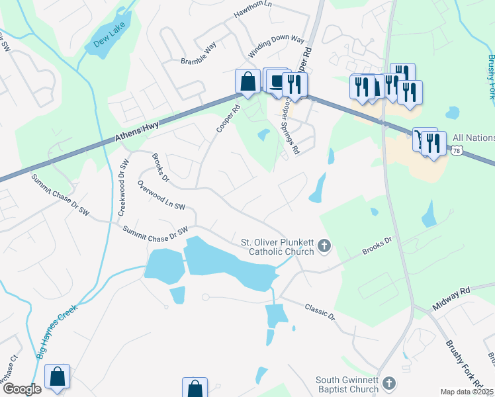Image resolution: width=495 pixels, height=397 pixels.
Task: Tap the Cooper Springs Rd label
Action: coord(291,127)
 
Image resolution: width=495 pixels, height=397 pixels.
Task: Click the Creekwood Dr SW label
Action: coord(122,188)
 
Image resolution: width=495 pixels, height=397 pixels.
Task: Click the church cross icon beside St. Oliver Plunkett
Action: coord(324,247)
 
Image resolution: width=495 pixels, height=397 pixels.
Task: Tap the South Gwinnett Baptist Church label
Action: coord(347,384)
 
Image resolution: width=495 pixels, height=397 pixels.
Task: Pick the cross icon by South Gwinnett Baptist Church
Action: coord(389,383)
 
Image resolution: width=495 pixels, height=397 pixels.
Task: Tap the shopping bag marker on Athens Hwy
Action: coord(247,82)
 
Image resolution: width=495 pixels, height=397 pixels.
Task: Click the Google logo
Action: coord(22,389)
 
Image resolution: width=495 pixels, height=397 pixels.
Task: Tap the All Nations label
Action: coord(472,138)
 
